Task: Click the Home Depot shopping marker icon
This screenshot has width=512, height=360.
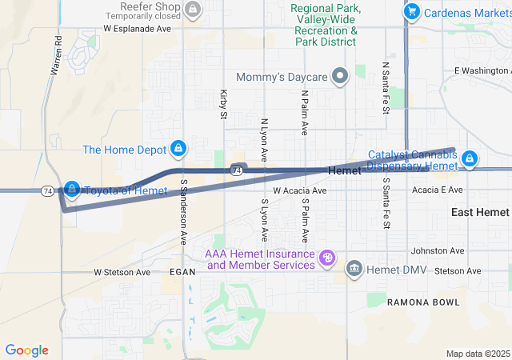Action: (178, 149)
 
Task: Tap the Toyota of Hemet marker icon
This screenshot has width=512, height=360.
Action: (72, 189)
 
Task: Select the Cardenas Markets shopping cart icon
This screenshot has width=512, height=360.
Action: (412, 11)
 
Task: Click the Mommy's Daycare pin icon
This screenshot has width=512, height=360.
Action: (341, 77)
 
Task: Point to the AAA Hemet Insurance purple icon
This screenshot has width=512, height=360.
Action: (326, 258)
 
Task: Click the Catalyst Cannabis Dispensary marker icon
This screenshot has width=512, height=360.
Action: (470, 159)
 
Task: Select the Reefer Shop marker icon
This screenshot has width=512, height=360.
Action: (192, 10)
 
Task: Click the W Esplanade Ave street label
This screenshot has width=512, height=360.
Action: (138, 28)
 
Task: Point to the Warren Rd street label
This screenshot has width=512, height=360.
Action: (56, 55)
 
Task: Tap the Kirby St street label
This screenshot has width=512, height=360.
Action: (223, 105)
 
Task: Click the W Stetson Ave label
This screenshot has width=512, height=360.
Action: (122, 272)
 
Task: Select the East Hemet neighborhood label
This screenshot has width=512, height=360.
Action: (480, 212)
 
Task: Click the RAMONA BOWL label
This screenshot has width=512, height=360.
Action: (423, 302)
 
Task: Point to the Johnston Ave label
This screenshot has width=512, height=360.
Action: (437, 250)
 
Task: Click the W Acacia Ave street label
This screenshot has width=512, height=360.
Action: (300, 191)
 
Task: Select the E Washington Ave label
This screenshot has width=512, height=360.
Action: (482, 70)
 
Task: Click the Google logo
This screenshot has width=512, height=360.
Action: (27, 350)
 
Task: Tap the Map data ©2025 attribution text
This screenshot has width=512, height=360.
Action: (477, 354)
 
